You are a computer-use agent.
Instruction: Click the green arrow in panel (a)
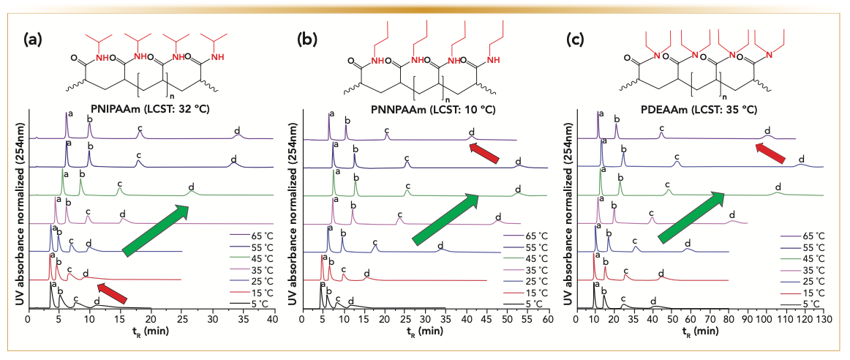157,230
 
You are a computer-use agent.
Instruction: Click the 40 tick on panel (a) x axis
273,319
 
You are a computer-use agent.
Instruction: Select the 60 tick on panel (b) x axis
547,319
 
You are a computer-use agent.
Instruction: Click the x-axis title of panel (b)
430,333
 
